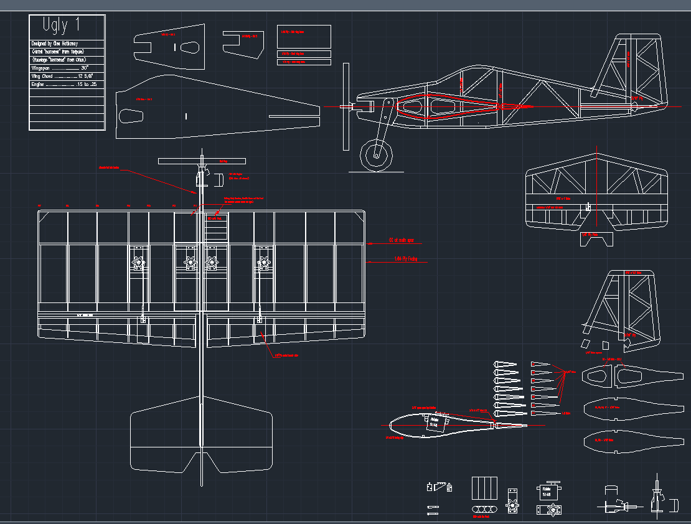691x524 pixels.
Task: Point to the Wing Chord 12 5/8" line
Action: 62,76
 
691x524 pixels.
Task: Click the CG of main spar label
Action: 402,240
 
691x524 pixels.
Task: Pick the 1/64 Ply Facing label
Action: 406,258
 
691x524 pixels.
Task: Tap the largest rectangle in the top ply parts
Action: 304,36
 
